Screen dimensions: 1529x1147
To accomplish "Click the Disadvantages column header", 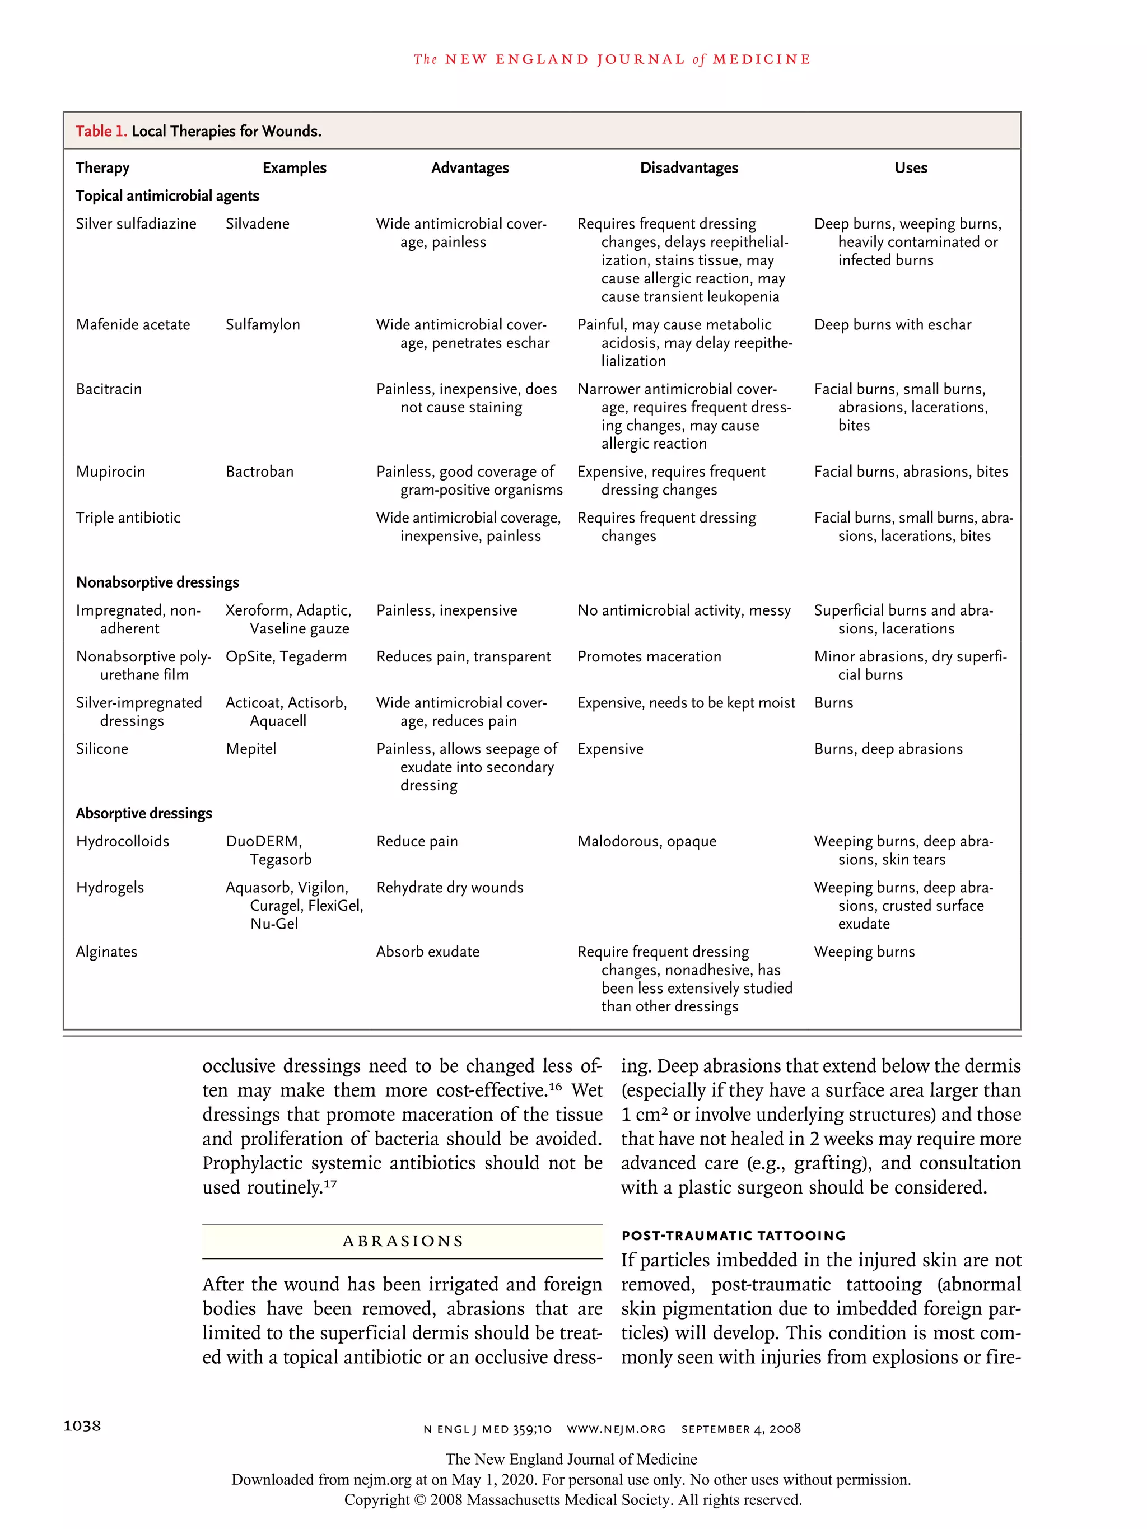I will (x=689, y=167).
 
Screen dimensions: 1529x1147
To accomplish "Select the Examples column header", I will (x=294, y=167).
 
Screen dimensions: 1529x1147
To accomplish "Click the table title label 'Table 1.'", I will (x=101, y=131).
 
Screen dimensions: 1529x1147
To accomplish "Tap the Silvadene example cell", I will (x=257, y=224).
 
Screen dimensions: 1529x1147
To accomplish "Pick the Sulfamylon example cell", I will (x=263, y=325).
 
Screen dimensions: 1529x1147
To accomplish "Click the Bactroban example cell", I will (x=259, y=472).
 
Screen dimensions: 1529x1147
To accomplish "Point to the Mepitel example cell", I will (x=251, y=749).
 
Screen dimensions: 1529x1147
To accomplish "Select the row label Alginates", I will (x=106, y=952).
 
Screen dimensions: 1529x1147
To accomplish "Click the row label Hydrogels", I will (x=110, y=888).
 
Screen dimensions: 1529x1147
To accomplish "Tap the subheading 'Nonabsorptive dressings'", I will (x=157, y=582).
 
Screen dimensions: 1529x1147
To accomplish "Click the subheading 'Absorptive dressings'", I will (x=144, y=814).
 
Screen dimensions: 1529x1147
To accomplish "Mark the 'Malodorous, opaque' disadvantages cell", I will (x=646, y=842).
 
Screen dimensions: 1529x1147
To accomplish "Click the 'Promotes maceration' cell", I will (x=649, y=656).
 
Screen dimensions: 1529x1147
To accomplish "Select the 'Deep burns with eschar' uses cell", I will (x=892, y=325).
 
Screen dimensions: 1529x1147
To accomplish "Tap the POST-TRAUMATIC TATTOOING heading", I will (x=733, y=1235).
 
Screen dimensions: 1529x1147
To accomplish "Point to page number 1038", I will (x=82, y=1425).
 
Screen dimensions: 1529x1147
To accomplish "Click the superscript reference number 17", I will (x=330, y=1184).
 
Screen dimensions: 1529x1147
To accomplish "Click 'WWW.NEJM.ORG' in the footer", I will (x=616, y=1429).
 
